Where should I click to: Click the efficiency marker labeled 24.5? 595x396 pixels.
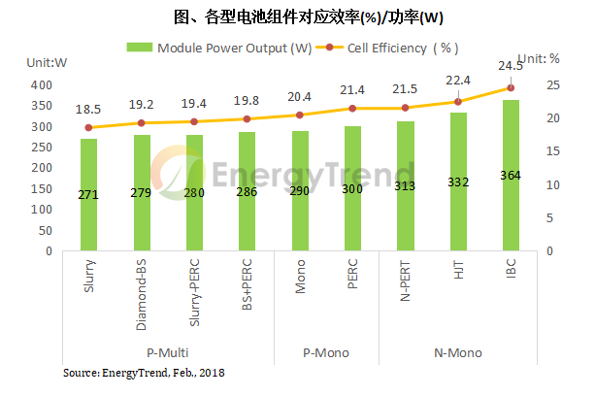(510, 87)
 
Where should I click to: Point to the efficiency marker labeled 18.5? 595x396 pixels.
(88, 127)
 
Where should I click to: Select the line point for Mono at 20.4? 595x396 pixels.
(299, 115)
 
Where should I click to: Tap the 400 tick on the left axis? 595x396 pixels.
(41, 84)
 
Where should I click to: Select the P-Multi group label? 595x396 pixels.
(168, 350)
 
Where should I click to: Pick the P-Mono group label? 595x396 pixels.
(325, 350)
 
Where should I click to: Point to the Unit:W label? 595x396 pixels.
(47, 61)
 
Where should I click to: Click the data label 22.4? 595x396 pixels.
(457, 81)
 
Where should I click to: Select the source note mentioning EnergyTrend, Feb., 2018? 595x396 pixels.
(145, 373)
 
